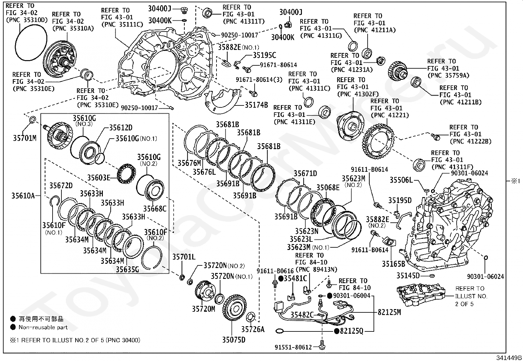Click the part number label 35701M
click(x=25, y=138)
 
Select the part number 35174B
click(x=256, y=105)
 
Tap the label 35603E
click(x=99, y=177)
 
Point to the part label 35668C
click(x=155, y=209)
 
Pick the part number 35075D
click(x=234, y=340)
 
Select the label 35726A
click(x=253, y=329)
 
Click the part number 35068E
click(x=328, y=188)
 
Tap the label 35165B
click(x=394, y=263)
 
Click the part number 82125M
click(x=389, y=312)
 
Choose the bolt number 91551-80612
click(x=293, y=347)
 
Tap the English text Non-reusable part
click(x=43, y=327)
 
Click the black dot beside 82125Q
click(x=337, y=331)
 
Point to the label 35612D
click(x=121, y=127)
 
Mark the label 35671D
click(x=305, y=173)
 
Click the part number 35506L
click(x=401, y=180)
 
